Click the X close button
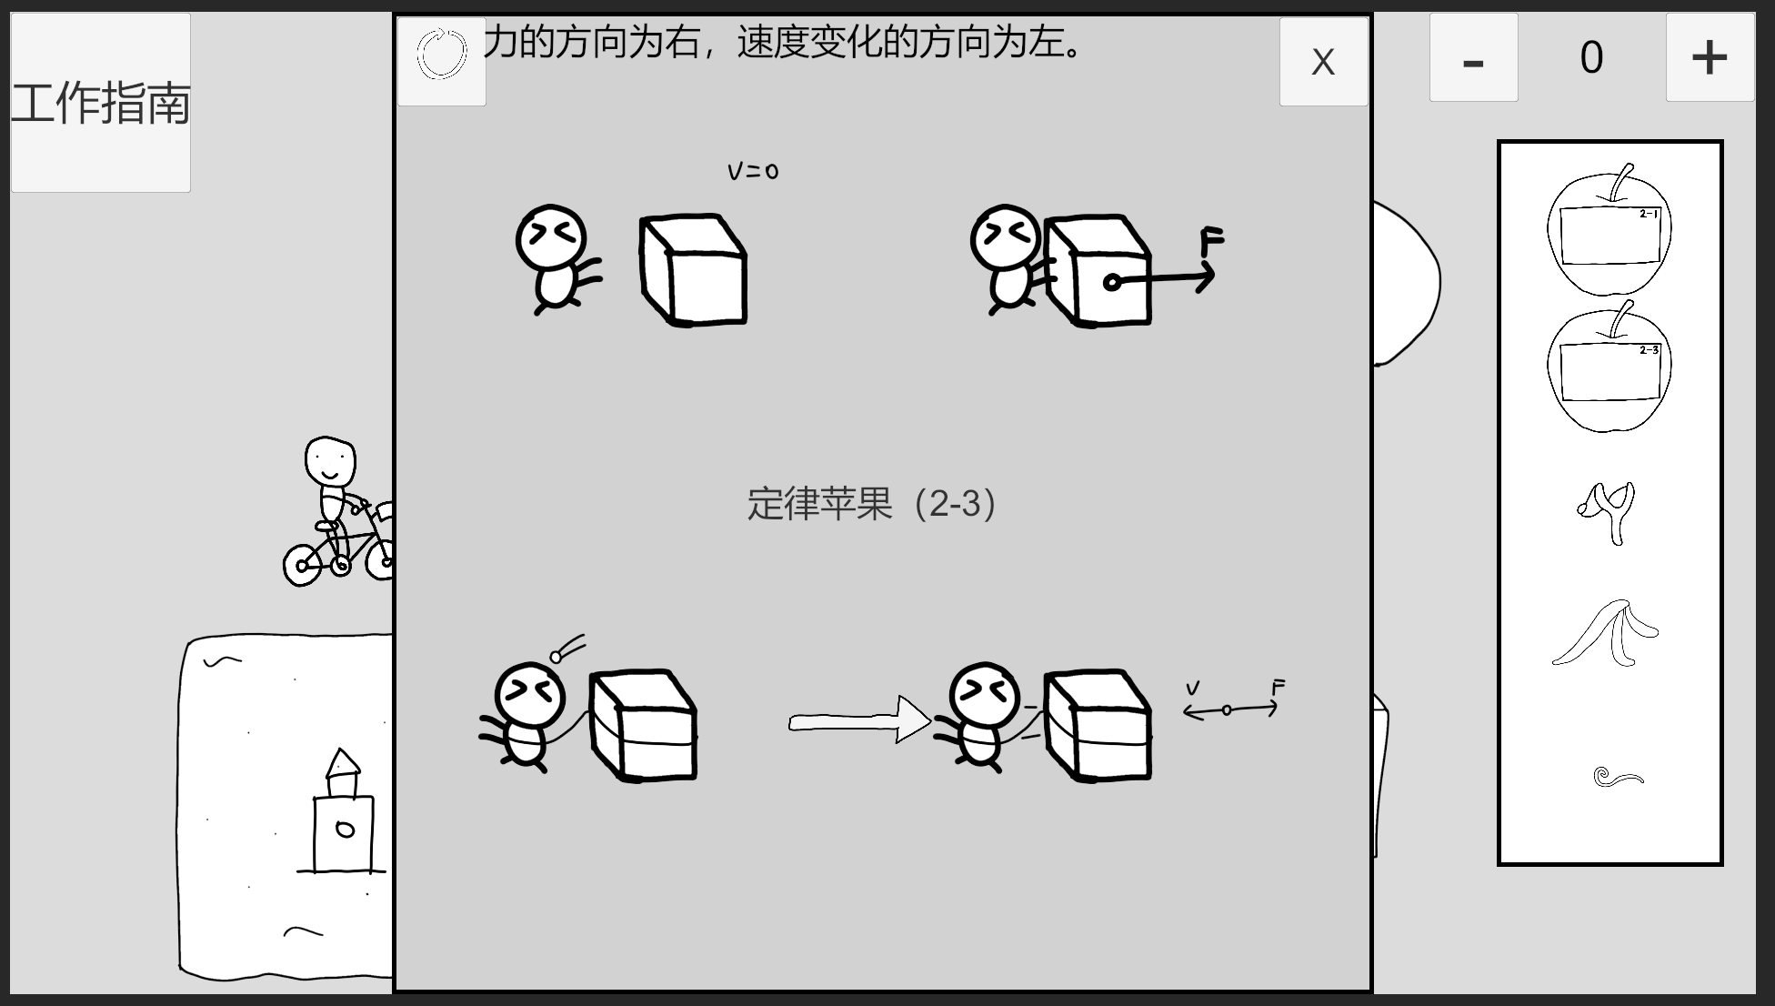tap(1323, 62)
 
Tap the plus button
tap(1710, 57)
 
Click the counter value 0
tap(1591, 57)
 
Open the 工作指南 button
tap(100, 102)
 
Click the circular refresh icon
tap(442, 54)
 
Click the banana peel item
tap(1605, 633)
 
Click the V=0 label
tap(753, 171)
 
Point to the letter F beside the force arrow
tap(1212, 242)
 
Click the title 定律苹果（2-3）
tap(872, 503)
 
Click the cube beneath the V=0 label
tap(693, 269)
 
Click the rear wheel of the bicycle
tap(302, 565)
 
